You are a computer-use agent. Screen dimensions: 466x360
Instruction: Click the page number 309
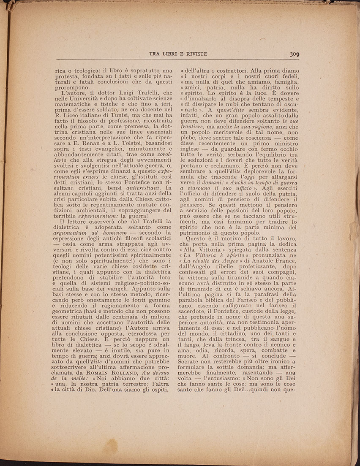pos(295,54)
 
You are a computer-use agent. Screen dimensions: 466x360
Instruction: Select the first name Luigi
pos(122,92)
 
